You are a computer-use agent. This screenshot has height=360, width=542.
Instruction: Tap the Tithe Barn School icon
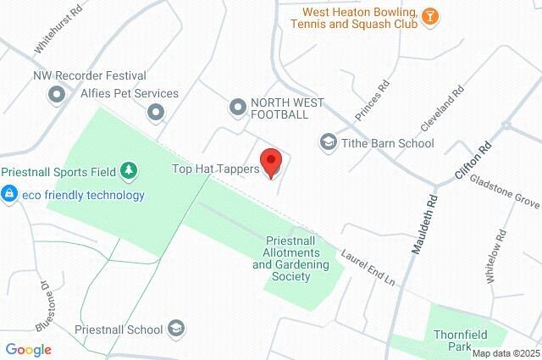click(328, 141)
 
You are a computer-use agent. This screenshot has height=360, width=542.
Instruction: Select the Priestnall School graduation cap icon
click(176, 328)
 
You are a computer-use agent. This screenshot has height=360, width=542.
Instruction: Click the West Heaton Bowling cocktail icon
click(431, 16)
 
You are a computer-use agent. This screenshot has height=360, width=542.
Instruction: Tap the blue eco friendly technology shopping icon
click(9, 195)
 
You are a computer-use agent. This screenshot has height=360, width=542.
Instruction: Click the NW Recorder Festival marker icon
click(57, 94)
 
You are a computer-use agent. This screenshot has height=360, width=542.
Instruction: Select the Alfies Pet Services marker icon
click(155, 111)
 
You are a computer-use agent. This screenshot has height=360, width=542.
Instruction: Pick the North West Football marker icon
click(238, 106)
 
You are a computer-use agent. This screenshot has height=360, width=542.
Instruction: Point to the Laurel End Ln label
click(369, 265)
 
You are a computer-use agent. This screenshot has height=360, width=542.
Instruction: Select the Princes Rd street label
click(373, 101)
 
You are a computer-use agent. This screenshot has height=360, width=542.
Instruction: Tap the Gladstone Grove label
click(505, 191)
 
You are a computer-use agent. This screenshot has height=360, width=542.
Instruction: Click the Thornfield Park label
click(458, 341)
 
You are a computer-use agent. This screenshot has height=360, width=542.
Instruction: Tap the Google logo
click(28, 349)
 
